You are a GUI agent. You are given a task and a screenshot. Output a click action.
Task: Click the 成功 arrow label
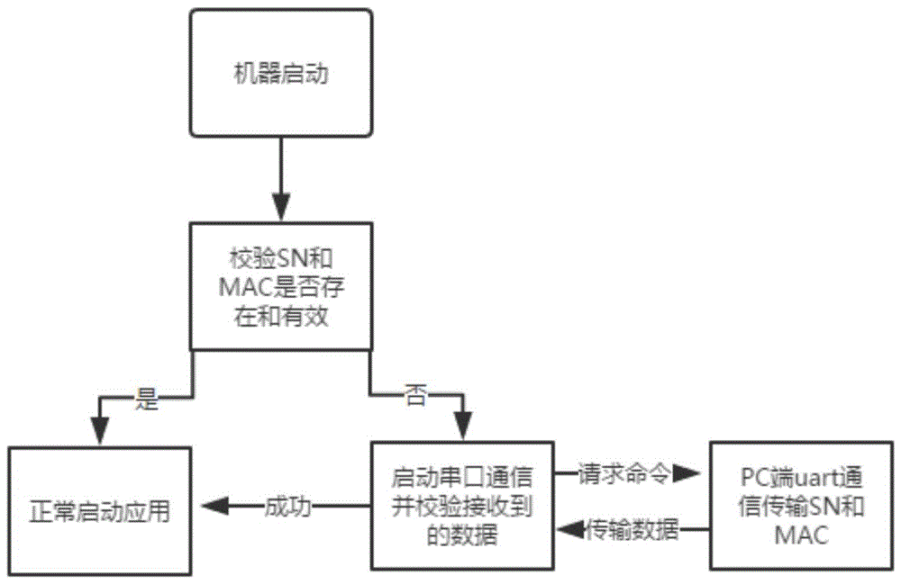click(x=287, y=507)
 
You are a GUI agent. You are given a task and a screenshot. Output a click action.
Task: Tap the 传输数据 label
click(x=633, y=531)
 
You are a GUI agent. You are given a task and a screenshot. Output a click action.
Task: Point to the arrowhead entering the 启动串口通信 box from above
click(x=462, y=427)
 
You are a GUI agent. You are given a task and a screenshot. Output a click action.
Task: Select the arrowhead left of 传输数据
click(x=570, y=531)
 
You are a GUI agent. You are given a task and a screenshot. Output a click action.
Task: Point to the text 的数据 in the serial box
click(x=461, y=537)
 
